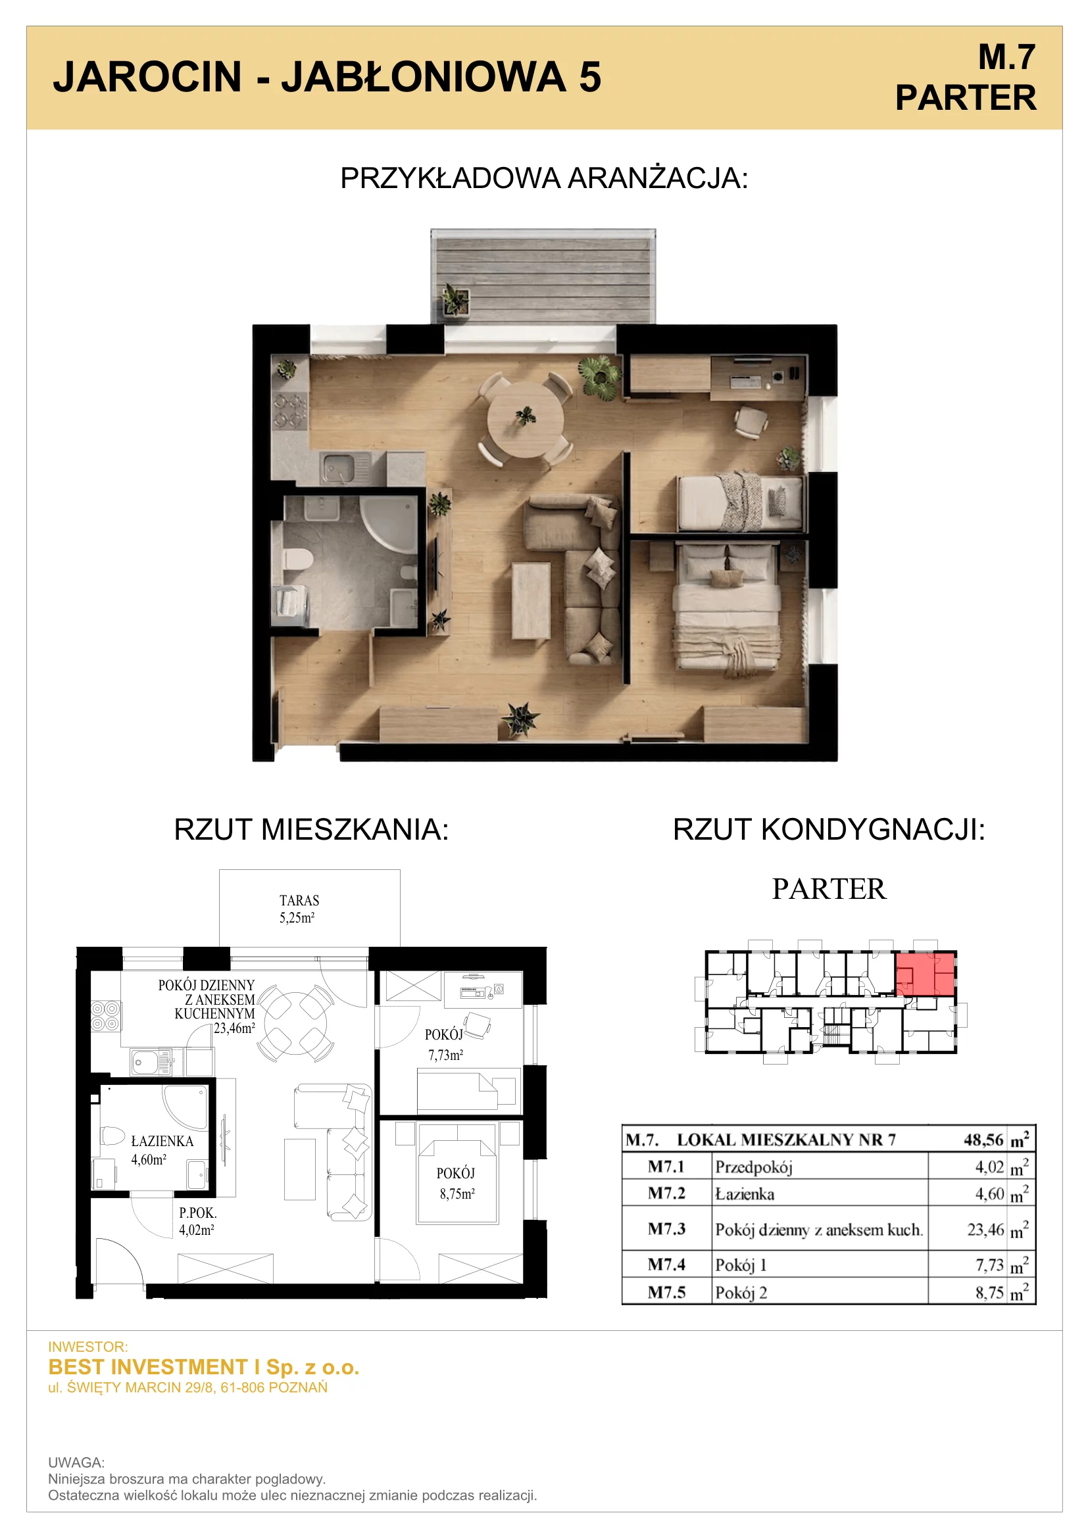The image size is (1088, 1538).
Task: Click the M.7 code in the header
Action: tap(1006, 57)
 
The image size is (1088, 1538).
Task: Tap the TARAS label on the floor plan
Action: tap(299, 900)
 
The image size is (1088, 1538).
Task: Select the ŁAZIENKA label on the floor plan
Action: tap(162, 1141)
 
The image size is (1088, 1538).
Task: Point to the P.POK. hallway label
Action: tap(197, 1213)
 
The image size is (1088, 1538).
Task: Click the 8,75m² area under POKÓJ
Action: tap(457, 1193)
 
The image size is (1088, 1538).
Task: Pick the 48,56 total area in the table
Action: tap(983, 1140)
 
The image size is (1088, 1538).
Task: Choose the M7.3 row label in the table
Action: tap(666, 1228)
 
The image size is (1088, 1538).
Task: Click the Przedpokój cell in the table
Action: tap(754, 1167)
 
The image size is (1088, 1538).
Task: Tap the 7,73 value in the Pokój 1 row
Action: tap(989, 1264)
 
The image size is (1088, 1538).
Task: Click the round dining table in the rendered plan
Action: tap(526, 420)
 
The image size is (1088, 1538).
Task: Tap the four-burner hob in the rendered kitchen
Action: tap(290, 411)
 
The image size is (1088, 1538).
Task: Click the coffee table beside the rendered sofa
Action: tap(532, 600)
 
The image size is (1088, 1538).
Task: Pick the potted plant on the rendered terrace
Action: tap(455, 299)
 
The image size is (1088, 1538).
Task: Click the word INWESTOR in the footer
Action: tap(87, 1347)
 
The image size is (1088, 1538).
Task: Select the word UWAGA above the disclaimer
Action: tap(76, 1462)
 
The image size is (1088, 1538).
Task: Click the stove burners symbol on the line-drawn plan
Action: tap(106, 1015)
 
